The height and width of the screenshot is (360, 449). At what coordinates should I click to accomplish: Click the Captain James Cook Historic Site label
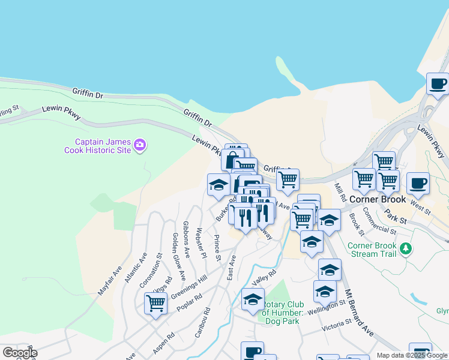(x=98, y=146)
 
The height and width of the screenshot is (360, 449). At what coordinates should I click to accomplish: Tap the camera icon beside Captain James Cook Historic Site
(x=140, y=145)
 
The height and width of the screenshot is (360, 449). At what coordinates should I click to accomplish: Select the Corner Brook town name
(x=378, y=199)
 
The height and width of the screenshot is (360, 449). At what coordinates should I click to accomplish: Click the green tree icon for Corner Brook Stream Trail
(x=406, y=248)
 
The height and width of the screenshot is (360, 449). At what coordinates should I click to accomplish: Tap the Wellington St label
(x=327, y=307)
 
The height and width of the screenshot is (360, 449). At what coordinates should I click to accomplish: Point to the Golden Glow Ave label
(x=178, y=256)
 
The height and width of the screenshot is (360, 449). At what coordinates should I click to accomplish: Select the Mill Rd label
(x=340, y=192)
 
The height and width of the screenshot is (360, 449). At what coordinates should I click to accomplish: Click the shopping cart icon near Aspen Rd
(x=155, y=303)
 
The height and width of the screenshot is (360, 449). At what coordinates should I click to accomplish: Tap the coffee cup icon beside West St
(x=418, y=183)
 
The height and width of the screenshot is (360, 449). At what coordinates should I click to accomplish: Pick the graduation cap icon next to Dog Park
(x=253, y=298)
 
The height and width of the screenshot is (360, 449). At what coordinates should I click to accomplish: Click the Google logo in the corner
(x=19, y=353)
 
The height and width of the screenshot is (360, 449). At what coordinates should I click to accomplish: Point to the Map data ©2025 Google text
(x=412, y=355)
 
